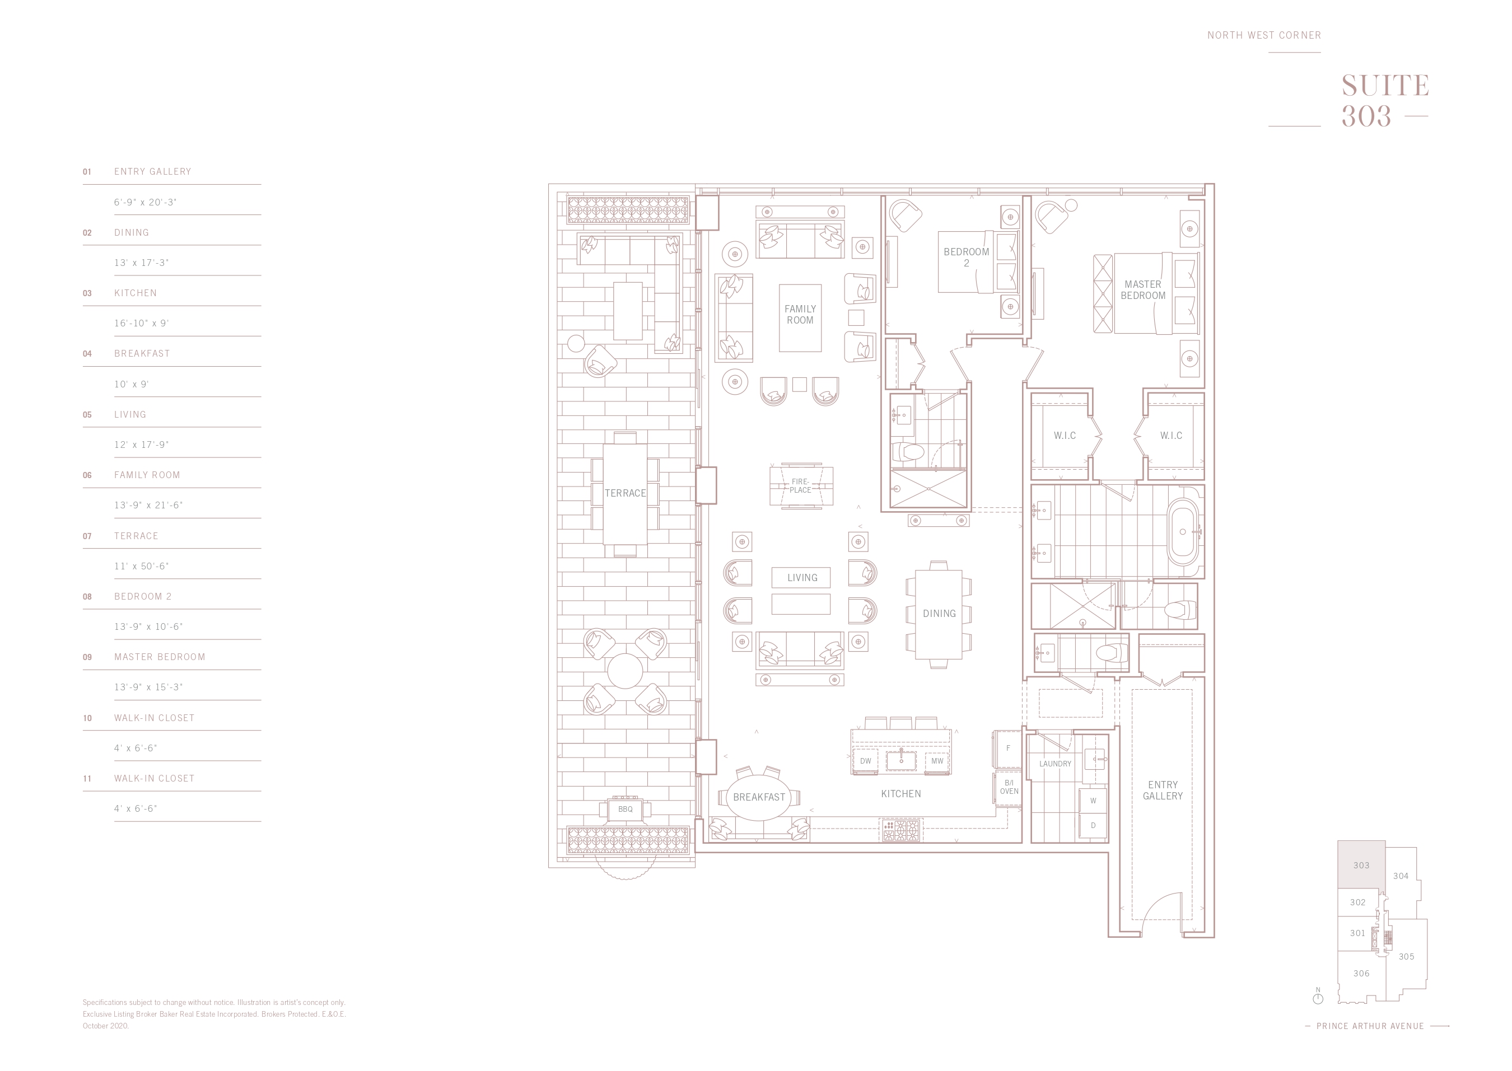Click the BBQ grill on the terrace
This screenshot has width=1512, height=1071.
pos(626,809)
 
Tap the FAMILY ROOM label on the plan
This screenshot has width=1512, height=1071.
pos(800,315)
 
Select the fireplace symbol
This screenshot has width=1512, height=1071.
pos(801,486)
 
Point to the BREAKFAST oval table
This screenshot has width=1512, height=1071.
pos(759,797)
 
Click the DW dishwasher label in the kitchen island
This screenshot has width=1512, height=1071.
pos(866,761)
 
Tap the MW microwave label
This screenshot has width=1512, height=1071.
pos(937,761)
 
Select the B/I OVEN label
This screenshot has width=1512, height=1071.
pos(1009,787)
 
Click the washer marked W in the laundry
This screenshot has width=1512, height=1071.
pos(1093,801)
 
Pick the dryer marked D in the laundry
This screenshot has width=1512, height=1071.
pos(1093,826)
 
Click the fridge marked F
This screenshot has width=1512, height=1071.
pos(1007,749)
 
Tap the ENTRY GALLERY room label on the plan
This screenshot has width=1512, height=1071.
pos(1163,790)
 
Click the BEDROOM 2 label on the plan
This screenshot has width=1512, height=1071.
pos(967,257)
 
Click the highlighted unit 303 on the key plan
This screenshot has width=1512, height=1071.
pos(1361,865)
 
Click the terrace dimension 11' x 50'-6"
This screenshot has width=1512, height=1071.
pos(141,567)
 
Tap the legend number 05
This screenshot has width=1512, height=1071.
pos(87,415)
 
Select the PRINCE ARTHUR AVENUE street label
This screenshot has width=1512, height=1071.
pos(1370,1026)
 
